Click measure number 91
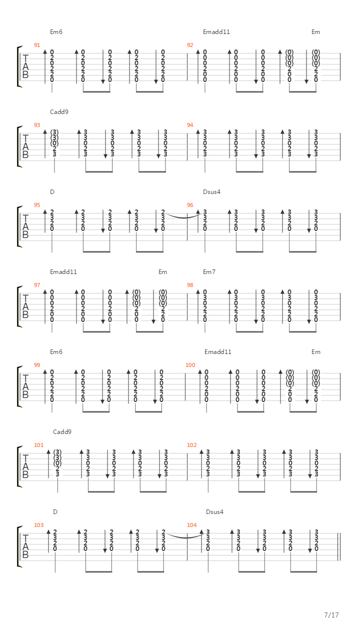point(37,45)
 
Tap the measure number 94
point(190,125)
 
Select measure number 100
point(190,365)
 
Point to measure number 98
point(190,285)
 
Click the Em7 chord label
point(209,272)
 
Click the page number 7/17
point(331,615)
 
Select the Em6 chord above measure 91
point(56,32)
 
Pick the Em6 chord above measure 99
point(56,352)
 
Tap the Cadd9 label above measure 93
point(59,112)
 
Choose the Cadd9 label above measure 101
point(62,432)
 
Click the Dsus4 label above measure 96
point(211,192)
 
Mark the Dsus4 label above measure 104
point(214,512)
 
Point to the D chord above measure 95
point(52,192)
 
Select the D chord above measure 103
point(55,512)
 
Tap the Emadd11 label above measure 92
point(216,32)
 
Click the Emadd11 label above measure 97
point(63,272)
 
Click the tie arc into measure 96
point(184,217)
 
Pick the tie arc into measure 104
point(185,537)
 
